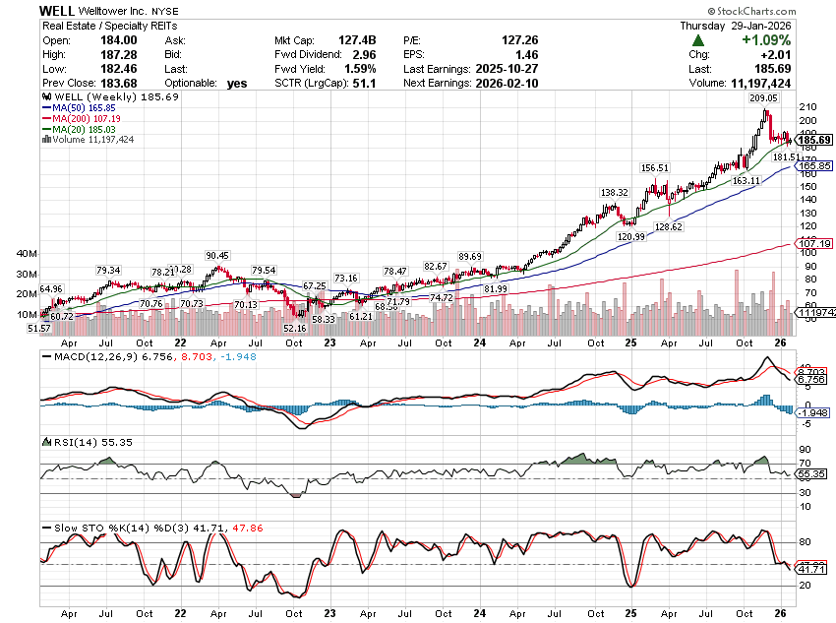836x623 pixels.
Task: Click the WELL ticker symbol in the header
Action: [56, 9]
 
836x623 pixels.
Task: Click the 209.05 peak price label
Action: [764, 98]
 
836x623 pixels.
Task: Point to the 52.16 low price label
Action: [294, 328]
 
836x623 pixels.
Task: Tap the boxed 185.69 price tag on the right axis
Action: [813, 140]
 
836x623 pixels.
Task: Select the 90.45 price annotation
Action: [217, 256]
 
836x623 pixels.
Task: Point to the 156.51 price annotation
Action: [655, 167]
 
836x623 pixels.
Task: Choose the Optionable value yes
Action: [236, 84]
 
